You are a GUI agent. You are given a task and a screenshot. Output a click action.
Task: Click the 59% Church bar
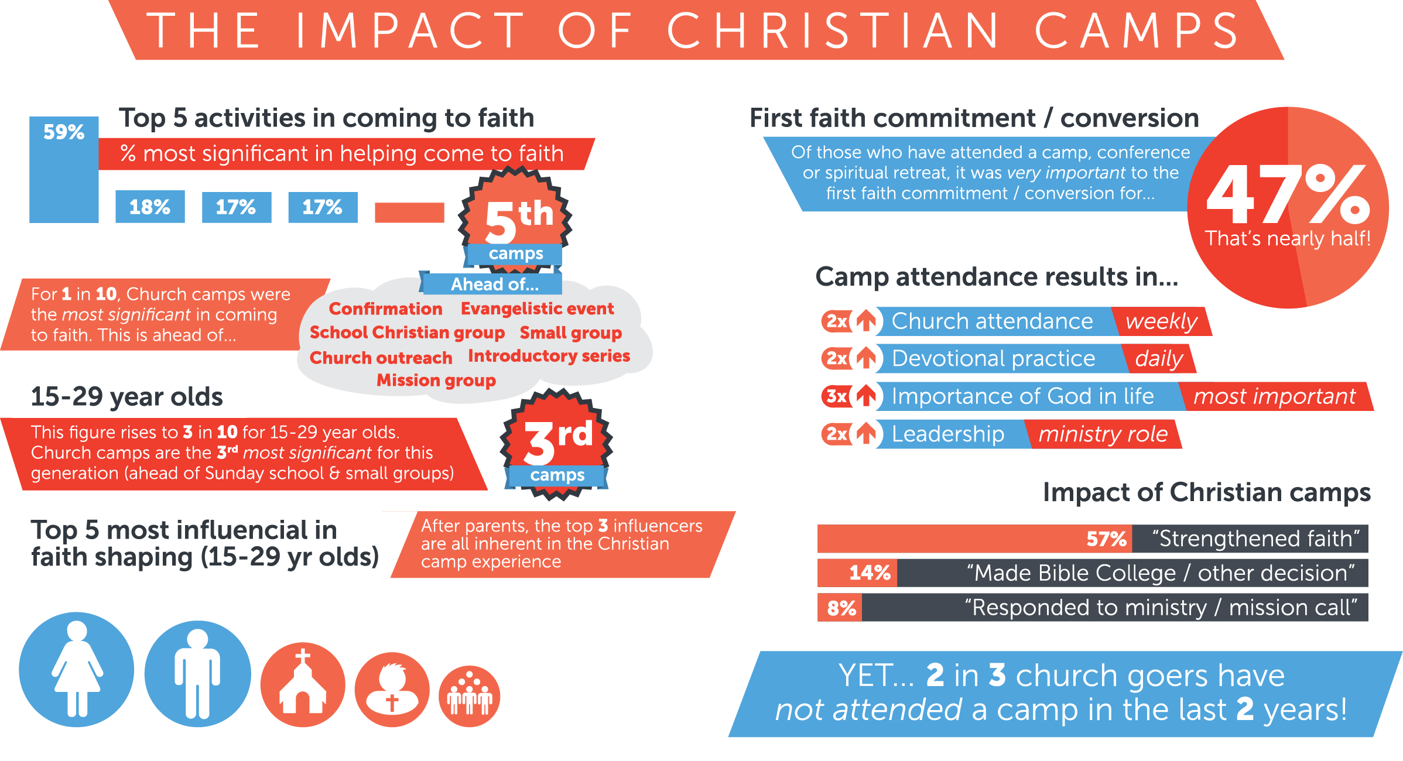(x=64, y=170)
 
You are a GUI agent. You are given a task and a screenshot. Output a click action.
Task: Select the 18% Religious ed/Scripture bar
(x=150, y=207)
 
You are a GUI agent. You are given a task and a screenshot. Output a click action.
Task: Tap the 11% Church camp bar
(x=409, y=212)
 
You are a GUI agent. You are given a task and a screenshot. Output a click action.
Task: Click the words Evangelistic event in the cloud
(x=537, y=308)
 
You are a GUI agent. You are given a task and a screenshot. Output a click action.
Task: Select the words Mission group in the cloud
(x=436, y=380)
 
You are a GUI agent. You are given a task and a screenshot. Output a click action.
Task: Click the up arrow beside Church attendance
(x=866, y=321)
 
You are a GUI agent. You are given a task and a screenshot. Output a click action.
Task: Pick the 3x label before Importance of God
(x=836, y=396)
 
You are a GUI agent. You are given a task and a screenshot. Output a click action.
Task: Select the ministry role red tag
(x=1103, y=434)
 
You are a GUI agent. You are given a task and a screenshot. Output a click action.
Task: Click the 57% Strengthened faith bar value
(x=1106, y=539)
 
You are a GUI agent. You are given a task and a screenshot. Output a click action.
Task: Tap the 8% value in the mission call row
(x=841, y=608)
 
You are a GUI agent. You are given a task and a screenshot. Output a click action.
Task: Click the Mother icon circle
(x=77, y=669)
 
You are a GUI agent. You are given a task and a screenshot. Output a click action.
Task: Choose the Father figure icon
(x=197, y=673)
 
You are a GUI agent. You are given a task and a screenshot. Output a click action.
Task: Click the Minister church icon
(x=303, y=684)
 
